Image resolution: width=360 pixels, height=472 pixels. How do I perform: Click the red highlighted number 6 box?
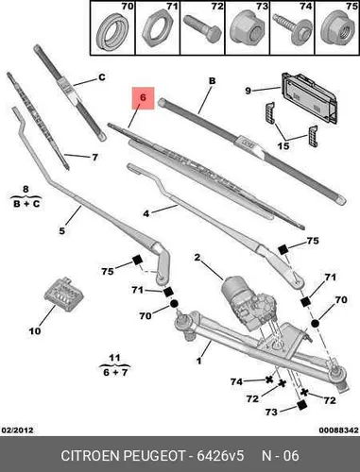[143, 98]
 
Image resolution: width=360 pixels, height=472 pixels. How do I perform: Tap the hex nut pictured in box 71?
[158, 31]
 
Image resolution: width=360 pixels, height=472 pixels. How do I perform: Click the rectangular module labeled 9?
[310, 97]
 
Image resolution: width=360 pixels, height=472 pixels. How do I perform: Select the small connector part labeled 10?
[64, 295]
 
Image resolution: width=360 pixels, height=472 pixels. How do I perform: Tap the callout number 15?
[283, 146]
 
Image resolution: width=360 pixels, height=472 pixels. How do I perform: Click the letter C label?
[102, 77]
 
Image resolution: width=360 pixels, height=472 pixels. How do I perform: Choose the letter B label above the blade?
[213, 81]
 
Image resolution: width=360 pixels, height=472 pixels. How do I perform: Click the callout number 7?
[94, 157]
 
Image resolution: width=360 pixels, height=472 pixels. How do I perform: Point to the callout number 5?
[62, 231]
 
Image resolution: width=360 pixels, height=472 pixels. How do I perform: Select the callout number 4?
[146, 213]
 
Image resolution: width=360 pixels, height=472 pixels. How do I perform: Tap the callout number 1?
[198, 361]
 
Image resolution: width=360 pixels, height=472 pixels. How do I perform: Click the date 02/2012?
[18, 430]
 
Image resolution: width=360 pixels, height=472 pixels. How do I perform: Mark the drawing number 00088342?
[338, 430]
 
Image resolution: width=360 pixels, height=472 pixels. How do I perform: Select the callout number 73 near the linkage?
[271, 412]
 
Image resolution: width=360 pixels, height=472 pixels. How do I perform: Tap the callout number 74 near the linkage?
[236, 381]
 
